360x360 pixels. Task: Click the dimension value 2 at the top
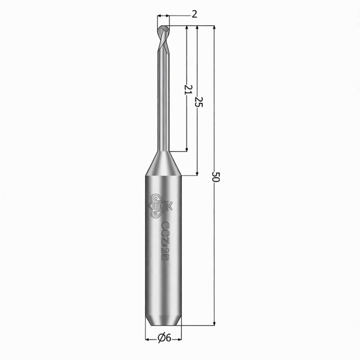(194, 14)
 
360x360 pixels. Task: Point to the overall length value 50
(217, 177)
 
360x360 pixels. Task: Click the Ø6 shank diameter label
(164, 338)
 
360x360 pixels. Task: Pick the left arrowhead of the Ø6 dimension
(148, 338)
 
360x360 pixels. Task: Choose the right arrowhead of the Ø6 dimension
(178, 338)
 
